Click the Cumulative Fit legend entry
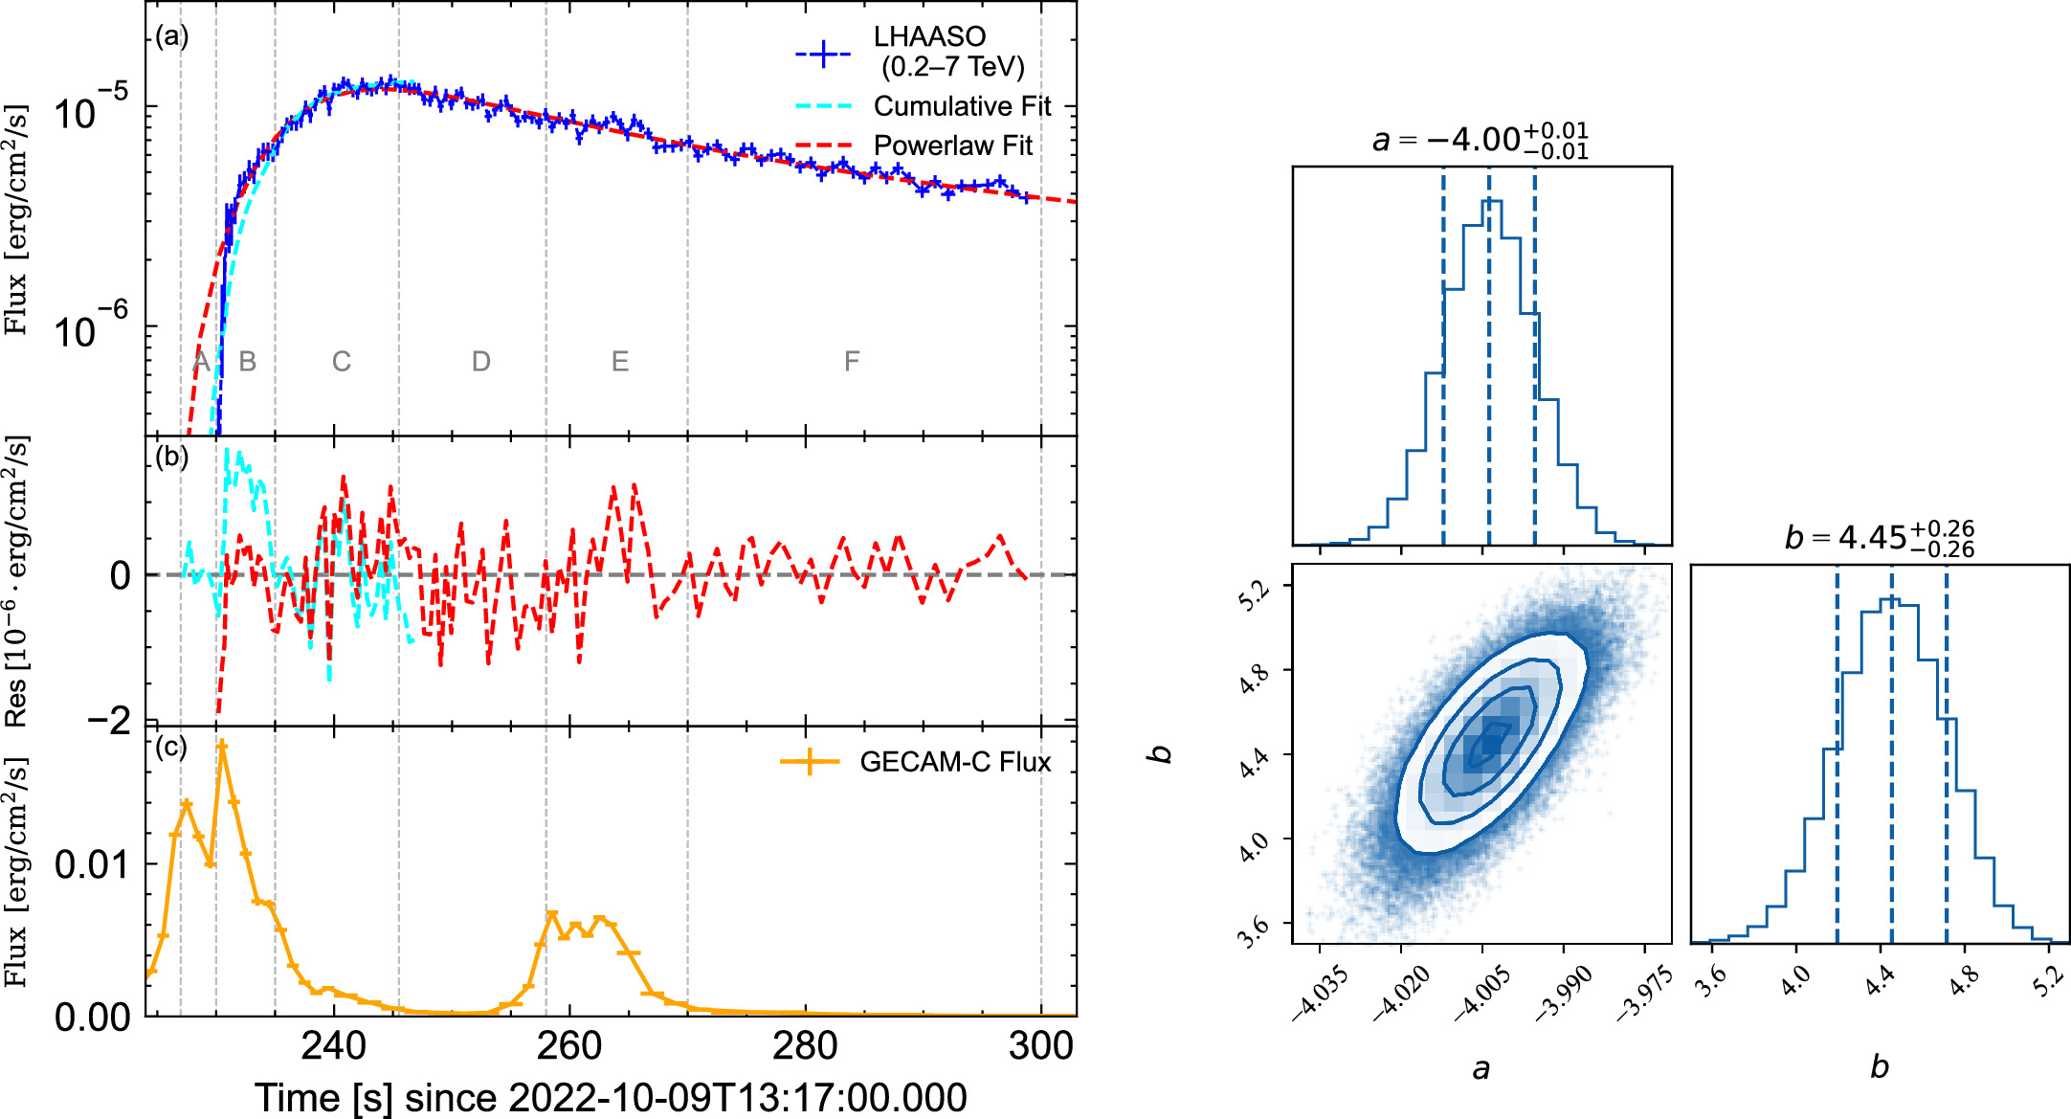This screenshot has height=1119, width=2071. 961,106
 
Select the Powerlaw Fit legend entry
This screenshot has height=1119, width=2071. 952,145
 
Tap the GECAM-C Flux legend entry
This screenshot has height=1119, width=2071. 954,762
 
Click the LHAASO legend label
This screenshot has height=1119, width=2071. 928,37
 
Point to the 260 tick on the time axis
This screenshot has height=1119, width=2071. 569,1045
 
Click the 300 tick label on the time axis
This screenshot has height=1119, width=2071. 1040,1045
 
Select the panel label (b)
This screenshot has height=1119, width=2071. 172,457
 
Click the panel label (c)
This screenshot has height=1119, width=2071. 171,747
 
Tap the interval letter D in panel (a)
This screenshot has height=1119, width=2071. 480,362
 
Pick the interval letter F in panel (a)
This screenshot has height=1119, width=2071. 851,362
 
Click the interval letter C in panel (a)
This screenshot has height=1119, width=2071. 342,362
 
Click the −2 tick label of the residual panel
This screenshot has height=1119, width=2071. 108,720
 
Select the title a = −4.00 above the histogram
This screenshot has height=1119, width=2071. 1480,140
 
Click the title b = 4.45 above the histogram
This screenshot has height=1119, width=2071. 1878,537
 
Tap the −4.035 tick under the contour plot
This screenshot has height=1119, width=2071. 1321,994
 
